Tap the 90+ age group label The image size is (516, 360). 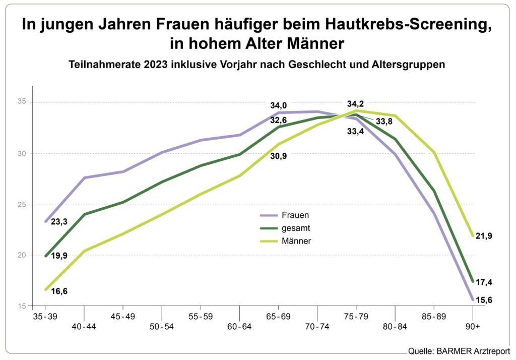(x=473, y=326)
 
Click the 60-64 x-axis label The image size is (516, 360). (x=240, y=326)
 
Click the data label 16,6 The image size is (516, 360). (x=59, y=291)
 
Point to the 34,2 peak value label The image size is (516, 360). (x=356, y=104)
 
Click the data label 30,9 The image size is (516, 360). (x=279, y=155)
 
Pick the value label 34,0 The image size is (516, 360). (x=279, y=106)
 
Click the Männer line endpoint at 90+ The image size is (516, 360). (x=472, y=236)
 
